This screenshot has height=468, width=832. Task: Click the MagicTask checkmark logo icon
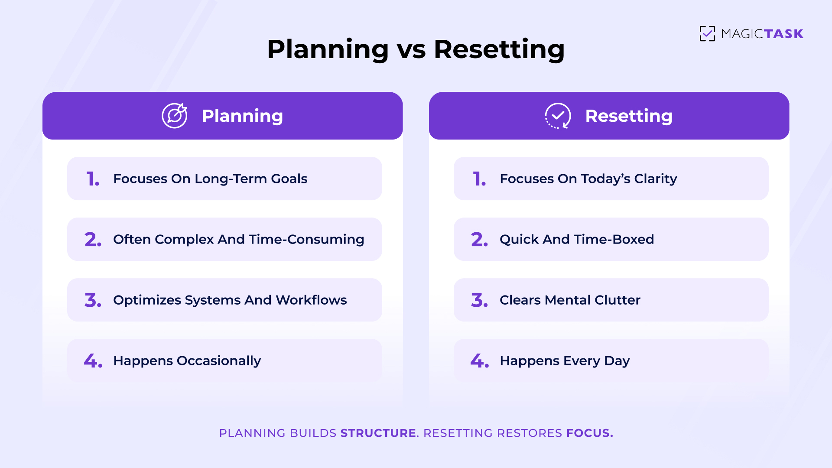click(707, 34)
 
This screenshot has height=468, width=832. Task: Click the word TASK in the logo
click(783, 34)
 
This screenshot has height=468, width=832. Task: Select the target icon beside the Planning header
click(175, 116)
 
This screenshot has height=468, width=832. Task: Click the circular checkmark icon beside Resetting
click(558, 116)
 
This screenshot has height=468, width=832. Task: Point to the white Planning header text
click(242, 116)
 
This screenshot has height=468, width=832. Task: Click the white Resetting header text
click(629, 116)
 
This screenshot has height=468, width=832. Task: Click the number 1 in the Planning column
click(92, 179)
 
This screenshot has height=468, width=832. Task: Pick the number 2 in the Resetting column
click(479, 240)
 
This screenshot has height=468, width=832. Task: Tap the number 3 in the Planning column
click(93, 300)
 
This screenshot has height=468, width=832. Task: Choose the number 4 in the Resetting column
click(479, 361)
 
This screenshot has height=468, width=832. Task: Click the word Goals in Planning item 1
click(289, 179)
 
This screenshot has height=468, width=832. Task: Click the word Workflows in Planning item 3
click(311, 300)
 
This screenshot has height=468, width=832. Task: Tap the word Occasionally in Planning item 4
click(219, 361)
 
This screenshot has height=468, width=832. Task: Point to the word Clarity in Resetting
click(655, 179)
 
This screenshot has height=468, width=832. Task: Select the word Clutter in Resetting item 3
click(617, 300)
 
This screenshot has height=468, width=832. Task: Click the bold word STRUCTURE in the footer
click(378, 433)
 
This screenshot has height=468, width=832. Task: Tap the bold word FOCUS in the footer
click(589, 433)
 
